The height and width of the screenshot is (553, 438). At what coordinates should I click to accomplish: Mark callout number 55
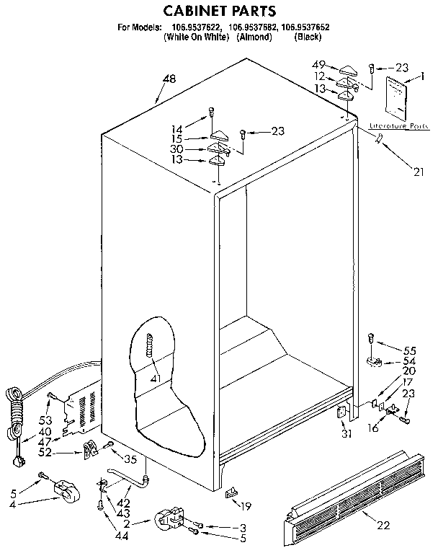(411, 347)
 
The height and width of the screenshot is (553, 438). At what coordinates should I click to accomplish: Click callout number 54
(410, 360)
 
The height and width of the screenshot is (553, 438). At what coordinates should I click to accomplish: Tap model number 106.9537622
(195, 28)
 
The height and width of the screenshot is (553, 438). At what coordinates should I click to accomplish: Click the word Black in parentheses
(308, 37)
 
